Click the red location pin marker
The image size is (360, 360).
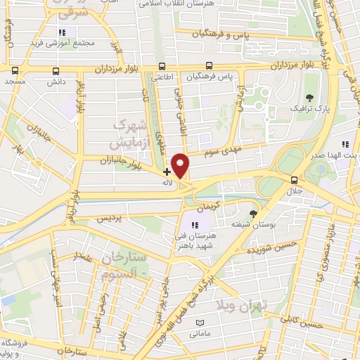pyautogui.click(x=181, y=165)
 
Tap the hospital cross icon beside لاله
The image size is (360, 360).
pyautogui.click(x=167, y=171)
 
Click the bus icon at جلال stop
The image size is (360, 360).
pyautogui.click(x=294, y=179)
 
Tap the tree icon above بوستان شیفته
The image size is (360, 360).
pyautogui.click(x=253, y=212)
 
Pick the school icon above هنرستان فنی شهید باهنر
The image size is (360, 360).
pyautogui.click(x=195, y=224)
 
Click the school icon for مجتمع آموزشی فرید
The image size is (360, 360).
pyautogui.click(x=63, y=32)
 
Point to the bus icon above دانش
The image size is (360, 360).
pyautogui.click(x=56, y=70)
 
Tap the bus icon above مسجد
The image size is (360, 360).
pyautogui.click(x=14, y=70)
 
